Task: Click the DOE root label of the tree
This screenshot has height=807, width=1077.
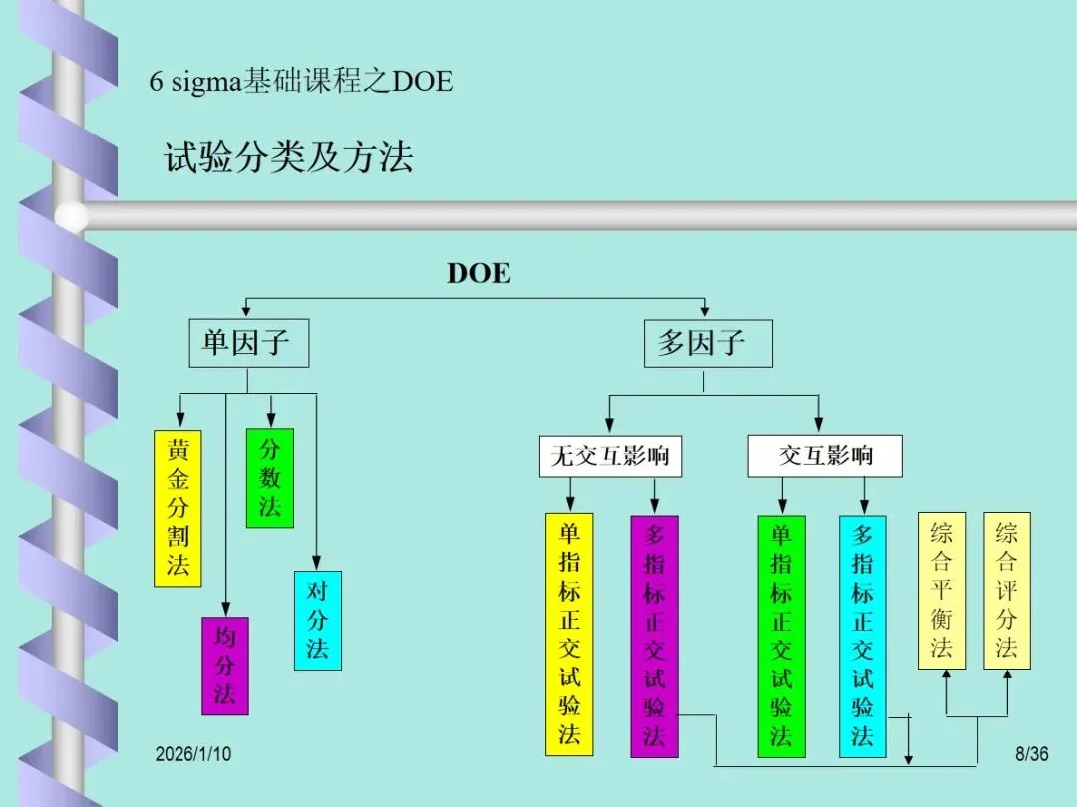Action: pyautogui.click(x=478, y=274)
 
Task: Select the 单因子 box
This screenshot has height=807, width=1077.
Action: pyautogui.click(x=248, y=344)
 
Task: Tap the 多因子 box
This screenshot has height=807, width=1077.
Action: pyautogui.click(x=702, y=344)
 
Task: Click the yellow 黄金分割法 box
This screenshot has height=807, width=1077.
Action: pyautogui.click(x=178, y=508)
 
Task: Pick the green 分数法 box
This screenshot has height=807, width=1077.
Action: pyautogui.click(x=270, y=478)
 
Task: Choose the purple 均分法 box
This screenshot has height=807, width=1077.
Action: pyautogui.click(x=225, y=666)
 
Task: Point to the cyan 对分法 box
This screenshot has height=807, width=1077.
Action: pyautogui.click(x=317, y=620)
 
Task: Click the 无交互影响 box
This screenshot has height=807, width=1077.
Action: pyautogui.click(x=610, y=457)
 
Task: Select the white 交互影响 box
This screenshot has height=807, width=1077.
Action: pyautogui.click(x=825, y=457)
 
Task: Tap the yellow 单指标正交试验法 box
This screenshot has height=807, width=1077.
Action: pyautogui.click(x=569, y=634)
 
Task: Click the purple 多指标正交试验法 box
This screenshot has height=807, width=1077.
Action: pyautogui.click(x=654, y=636)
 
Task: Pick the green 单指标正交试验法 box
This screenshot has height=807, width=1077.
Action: pyautogui.click(x=781, y=636)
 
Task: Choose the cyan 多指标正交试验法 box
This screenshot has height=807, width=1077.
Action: pyautogui.click(x=863, y=636)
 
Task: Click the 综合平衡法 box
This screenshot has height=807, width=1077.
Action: pyautogui.click(x=942, y=590)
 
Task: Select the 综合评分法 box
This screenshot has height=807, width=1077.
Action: pyautogui.click(x=1007, y=590)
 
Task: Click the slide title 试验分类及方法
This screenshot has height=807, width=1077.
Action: pyautogui.click(x=288, y=158)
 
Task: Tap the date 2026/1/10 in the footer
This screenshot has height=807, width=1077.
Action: pyautogui.click(x=192, y=754)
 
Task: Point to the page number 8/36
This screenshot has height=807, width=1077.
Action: pyautogui.click(x=1031, y=754)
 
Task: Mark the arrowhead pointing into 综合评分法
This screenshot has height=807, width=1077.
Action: pyautogui.click(x=1007, y=675)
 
